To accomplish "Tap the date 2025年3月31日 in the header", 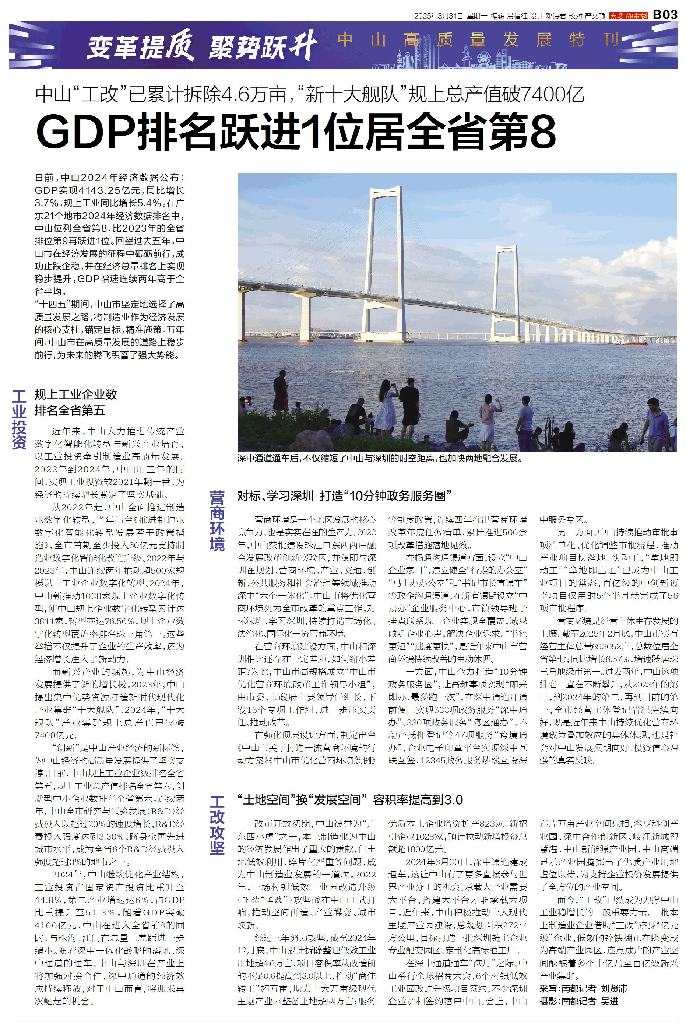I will (x=439, y=16).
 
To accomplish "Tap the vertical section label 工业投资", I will (x=19, y=420).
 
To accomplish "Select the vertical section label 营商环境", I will (x=217, y=520).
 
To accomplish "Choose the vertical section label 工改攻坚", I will (x=217, y=825).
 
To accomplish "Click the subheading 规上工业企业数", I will (x=76, y=394).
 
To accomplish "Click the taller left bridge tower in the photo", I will (x=386, y=263).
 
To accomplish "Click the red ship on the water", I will (x=630, y=343).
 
